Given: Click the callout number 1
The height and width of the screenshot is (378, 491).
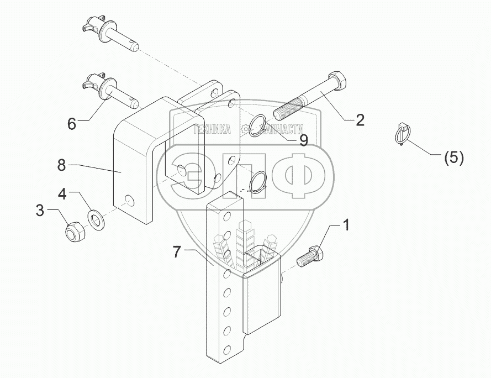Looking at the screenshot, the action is coord(346,225).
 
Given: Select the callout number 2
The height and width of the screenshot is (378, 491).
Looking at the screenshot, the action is coord(360,120).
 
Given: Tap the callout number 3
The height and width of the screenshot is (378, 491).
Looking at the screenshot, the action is coord(39,211).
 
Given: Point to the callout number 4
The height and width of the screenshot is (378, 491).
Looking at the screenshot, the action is coord(62,194).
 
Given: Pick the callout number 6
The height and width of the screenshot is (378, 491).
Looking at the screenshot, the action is coord(72,124).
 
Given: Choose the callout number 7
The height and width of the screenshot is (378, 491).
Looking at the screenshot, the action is coord(176,253).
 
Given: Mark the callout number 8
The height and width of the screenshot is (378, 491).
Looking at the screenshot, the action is coord(61,164).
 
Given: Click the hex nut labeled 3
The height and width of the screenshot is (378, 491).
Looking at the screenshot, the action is coord(72,231).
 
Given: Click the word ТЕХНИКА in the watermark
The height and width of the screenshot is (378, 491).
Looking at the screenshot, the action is coord(211,130).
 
